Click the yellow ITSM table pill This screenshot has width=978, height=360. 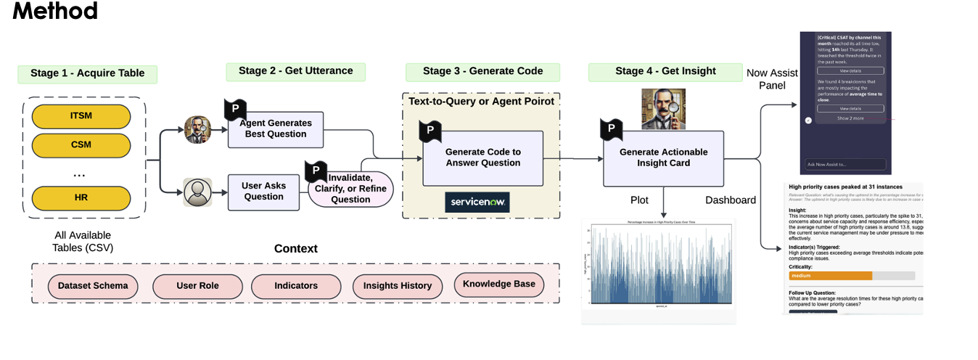tap(81, 117)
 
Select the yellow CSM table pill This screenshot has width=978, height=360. tap(81, 144)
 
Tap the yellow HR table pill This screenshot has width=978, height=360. tap(81, 197)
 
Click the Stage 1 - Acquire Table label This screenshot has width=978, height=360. tap(87, 73)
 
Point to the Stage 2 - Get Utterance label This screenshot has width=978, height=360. tap(295, 71)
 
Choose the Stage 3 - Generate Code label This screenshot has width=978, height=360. tap(483, 71)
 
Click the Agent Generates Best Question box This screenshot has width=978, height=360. tap(276, 129)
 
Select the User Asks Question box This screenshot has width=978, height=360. tap(263, 192)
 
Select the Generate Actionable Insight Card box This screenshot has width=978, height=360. tap(663, 157)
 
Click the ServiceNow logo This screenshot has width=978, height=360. tap(477, 202)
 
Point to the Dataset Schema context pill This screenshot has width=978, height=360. tap(93, 286)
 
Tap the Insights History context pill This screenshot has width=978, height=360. tap(397, 286)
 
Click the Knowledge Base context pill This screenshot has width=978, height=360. tap(498, 284)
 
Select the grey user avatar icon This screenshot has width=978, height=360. tap(197, 192)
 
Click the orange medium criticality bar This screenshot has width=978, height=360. tap(830, 276)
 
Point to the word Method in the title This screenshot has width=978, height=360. tap(55, 11)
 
